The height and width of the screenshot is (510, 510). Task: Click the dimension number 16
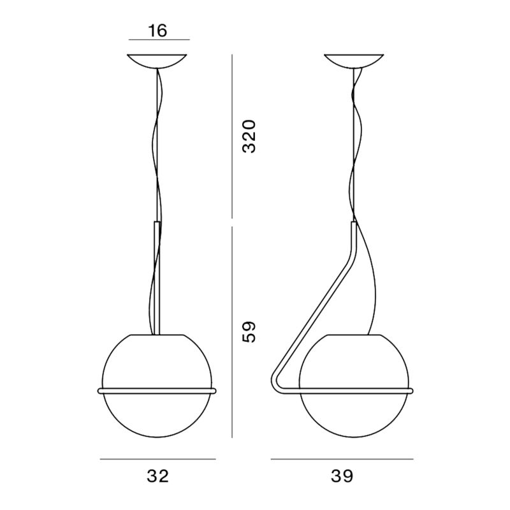click(159, 30)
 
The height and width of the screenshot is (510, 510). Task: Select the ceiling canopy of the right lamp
click(354, 61)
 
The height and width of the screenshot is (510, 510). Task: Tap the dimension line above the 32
click(158, 458)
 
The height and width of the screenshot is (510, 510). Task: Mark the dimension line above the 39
click(342, 458)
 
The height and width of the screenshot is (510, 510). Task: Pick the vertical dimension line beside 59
click(233, 331)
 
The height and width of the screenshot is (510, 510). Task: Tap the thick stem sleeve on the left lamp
click(157, 274)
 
